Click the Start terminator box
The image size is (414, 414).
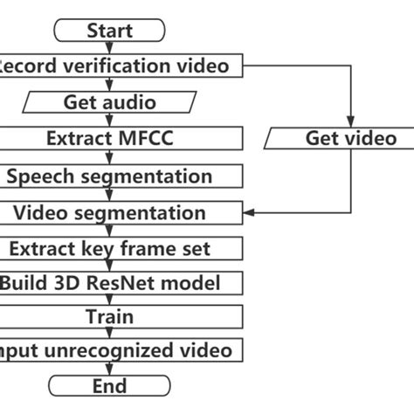click(109, 31)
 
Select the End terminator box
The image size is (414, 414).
click(109, 386)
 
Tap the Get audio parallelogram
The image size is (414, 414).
click(109, 102)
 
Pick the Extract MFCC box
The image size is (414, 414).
click(109, 138)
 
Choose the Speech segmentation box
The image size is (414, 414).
click(109, 176)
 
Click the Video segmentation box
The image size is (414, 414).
click(109, 212)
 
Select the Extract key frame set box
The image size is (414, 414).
click(109, 249)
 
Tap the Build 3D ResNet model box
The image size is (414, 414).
click(109, 284)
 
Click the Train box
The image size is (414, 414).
click(109, 316)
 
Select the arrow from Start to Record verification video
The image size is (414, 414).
click(109, 47)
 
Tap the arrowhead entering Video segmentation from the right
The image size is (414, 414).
click(248, 212)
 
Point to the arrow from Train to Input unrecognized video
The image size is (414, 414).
click(109, 334)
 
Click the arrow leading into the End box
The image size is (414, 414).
click(109, 369)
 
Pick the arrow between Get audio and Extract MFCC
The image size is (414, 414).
click(109, 120)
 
